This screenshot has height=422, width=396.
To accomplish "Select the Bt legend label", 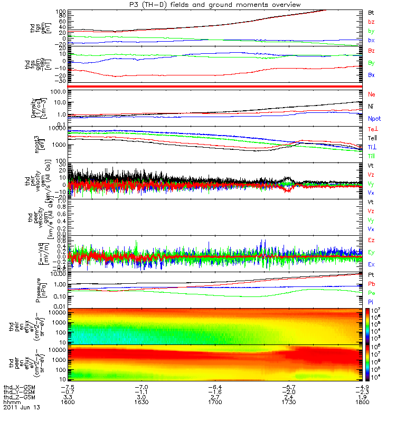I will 371,12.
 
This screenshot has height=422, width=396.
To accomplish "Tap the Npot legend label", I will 374,119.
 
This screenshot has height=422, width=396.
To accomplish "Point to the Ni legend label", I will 371,107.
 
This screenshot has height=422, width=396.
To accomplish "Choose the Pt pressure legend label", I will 371,275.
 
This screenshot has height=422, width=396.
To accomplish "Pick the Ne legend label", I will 371,94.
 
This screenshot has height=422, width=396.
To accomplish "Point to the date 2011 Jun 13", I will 22,408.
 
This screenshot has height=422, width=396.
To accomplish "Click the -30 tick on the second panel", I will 61,81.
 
